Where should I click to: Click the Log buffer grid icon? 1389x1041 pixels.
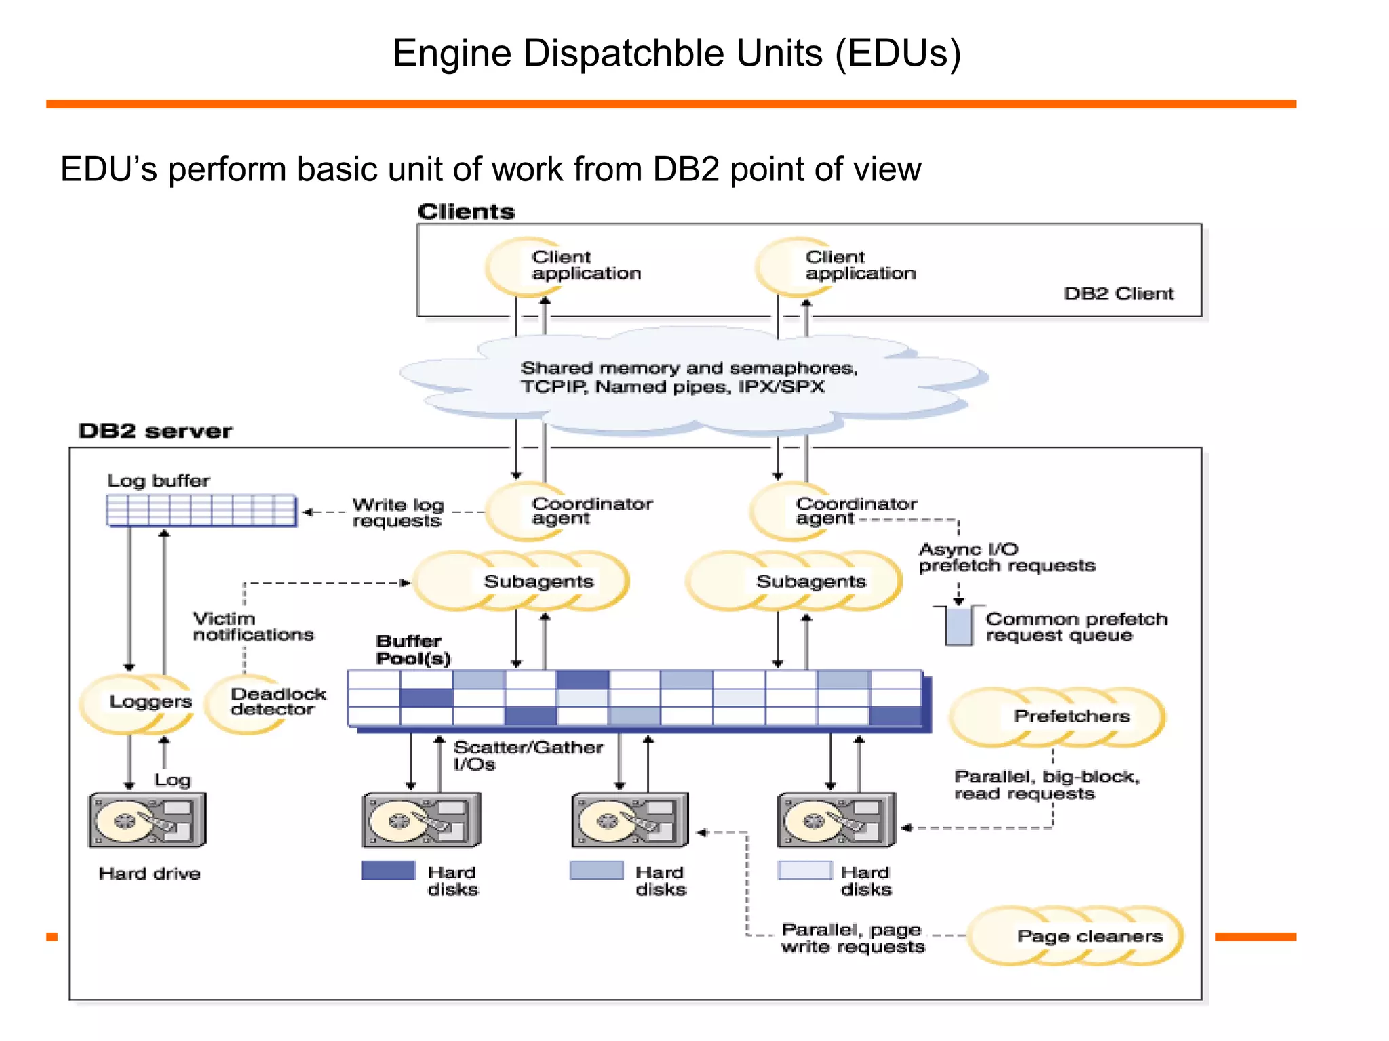pos(201,510)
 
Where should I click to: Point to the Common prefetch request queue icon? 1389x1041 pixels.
pos(958,625)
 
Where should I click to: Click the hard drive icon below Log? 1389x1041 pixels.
pos(147,819)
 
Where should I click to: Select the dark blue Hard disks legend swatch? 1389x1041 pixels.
pos(388,870)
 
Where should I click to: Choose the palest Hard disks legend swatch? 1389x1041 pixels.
pos(804,870)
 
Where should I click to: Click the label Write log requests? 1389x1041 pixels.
pos(397,512)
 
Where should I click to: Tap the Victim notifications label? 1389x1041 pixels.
pos(253,626)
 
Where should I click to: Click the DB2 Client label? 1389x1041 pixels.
pos(1118,293)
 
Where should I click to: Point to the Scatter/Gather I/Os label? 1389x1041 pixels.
pos(527,755)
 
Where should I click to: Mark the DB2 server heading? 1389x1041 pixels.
pos(155,431)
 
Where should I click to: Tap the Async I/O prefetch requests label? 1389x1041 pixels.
pos(1006,557)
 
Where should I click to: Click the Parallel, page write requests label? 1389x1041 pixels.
pos(853,938)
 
